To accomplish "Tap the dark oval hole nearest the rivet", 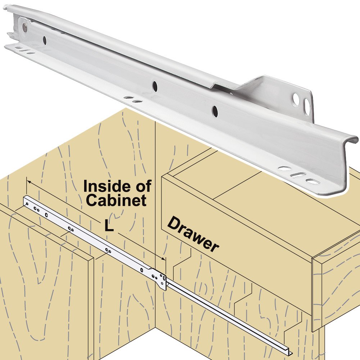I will click(x=45, y=40).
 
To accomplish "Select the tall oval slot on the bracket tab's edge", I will click(x=307, y=107).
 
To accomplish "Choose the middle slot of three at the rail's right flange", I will click(x=298, y=175).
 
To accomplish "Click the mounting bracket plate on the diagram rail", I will click(x=159, y=279).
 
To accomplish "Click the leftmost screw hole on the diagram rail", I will click(x=27, y=204).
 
